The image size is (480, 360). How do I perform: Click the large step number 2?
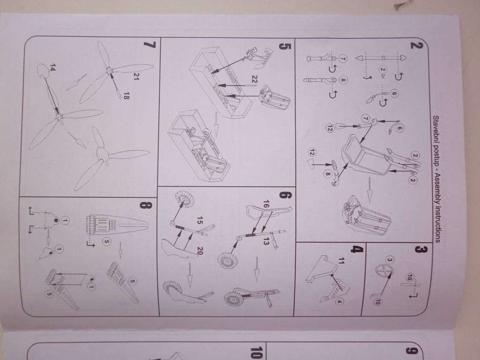[x=416, y=45]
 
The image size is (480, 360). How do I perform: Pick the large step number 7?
[x=150, y=45]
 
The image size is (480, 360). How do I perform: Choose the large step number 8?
[x=145, y=205]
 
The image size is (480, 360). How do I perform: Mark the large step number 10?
[x=256, y=352]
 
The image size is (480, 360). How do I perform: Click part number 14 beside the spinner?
[x=52, y=67]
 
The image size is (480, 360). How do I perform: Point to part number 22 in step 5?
[x=254, y=79]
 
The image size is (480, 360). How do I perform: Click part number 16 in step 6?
[x=266, y=204]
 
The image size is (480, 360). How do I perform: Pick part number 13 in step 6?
[x=266, y=241]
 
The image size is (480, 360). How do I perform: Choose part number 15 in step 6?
[x=199, y=220]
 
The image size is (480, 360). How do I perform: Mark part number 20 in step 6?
[x=200, y=251]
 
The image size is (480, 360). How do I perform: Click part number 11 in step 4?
[x=342, y=261]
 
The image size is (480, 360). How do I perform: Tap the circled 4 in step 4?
[x=339, y=301]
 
